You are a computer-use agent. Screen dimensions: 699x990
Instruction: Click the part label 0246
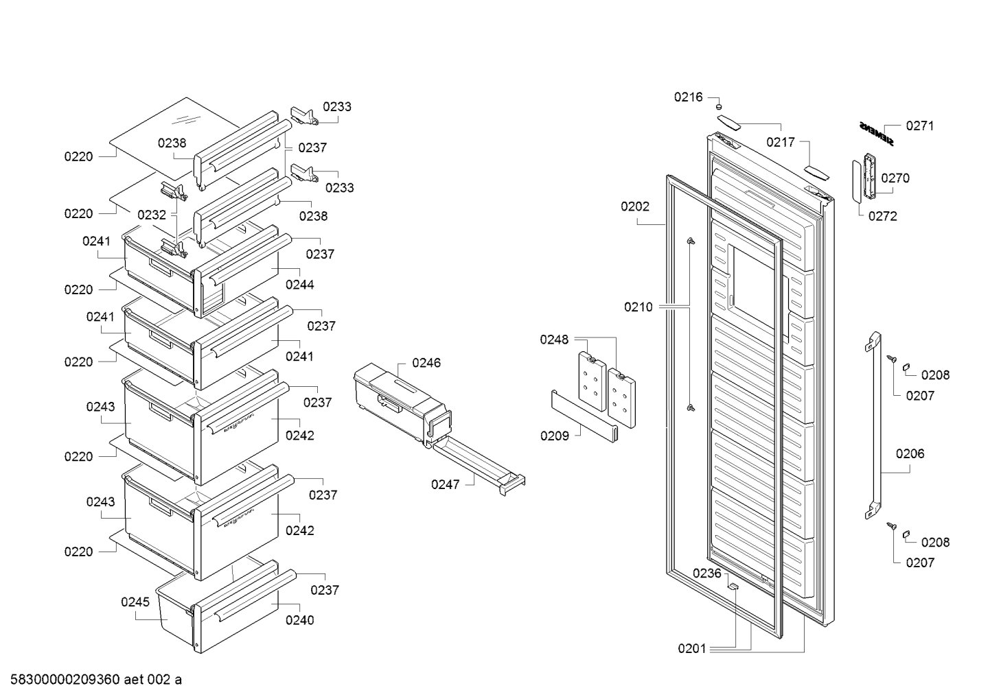pos(426,363)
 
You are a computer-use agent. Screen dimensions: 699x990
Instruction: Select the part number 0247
pos(445,484)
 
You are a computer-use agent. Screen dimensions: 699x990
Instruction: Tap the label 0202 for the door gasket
pos(635,206)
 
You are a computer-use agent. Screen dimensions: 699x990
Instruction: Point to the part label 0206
pos(910,453)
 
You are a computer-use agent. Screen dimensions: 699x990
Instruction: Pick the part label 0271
pos(920,126)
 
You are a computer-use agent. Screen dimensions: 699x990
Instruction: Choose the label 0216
pos(688,97)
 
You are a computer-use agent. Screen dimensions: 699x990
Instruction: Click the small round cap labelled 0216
pos(719,107)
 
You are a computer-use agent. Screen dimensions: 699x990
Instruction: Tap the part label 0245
pos(135,602)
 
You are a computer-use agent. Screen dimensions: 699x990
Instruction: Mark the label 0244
pos(300,285)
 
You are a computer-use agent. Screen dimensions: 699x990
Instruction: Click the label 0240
pos(300,620)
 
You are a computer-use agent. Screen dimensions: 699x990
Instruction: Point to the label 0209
pos(555,436)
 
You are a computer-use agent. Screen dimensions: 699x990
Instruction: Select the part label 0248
pos(554,339)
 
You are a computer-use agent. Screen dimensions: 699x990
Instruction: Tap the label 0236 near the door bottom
pos(706,573)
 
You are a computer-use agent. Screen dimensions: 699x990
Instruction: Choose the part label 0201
pos(692,648)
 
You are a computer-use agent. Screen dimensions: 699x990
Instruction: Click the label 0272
pos(882,216)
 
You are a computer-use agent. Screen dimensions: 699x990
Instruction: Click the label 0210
pos(638,307)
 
